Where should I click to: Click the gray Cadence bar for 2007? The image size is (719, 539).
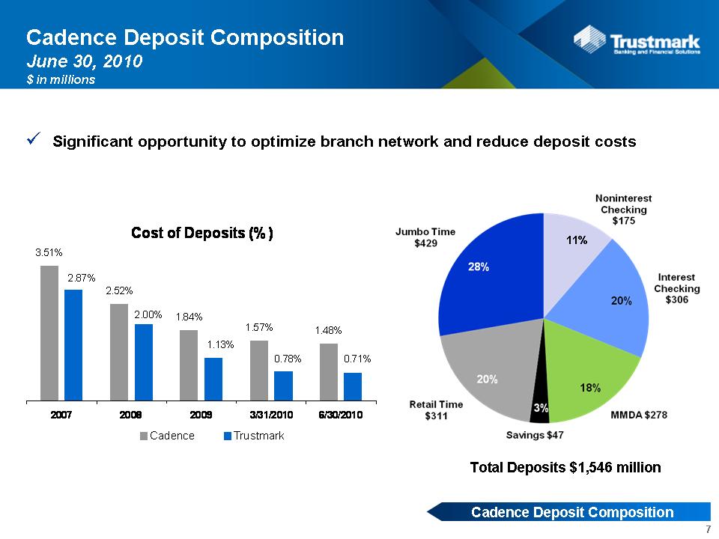tap(49, 332)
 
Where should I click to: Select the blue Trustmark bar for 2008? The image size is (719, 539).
tap(144, 362)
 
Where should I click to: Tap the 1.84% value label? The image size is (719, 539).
tap(189, 317)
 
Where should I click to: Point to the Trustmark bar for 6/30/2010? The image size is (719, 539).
tap(353, 386)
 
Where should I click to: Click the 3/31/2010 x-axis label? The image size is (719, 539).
tap(271, 415)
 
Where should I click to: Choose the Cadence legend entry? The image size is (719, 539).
tap(167, 436)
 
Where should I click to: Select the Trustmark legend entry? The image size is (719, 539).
tap(254, 436)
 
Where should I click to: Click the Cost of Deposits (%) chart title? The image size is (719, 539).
tap(202, 233)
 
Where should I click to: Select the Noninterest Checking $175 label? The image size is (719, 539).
tap(624, 210)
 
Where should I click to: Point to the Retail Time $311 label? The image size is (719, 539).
tap(436, 410)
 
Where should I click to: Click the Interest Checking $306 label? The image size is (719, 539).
tap(677, 288)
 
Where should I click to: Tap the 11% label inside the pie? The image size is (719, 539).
tap(577, 240)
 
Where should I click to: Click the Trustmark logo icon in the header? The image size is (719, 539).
tap(589, 40)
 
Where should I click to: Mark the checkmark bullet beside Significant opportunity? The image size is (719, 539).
tap(34, 138)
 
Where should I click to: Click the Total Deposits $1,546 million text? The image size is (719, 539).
tap(565, 467)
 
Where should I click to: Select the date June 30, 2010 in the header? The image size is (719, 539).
tap(85, 61)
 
